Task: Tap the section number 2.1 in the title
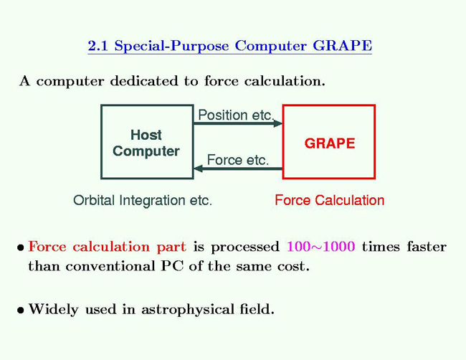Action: [x=98, y=46]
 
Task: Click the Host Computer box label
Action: [x=146, y=143]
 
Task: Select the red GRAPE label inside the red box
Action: [x=329, y=143]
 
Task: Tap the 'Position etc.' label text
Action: [x=236, y=115]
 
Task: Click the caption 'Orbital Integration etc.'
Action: [x=143, y=200]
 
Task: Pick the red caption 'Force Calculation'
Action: [x=329, y=200]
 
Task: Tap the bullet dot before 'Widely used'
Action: [x=22, y=311]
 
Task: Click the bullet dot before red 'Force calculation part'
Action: [x=22, y=248]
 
